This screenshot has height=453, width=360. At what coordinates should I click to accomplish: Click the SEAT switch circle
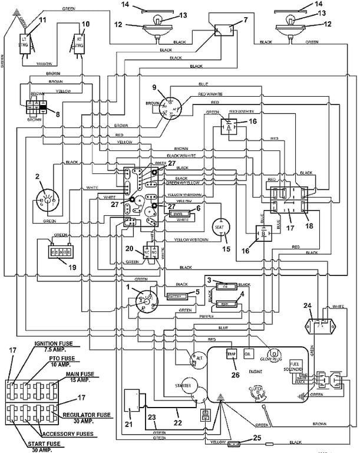pos(221,227)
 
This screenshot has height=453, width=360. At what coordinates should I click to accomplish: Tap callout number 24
pos(306,305)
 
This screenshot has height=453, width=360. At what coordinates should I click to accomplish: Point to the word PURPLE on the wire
pos(206,316)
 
